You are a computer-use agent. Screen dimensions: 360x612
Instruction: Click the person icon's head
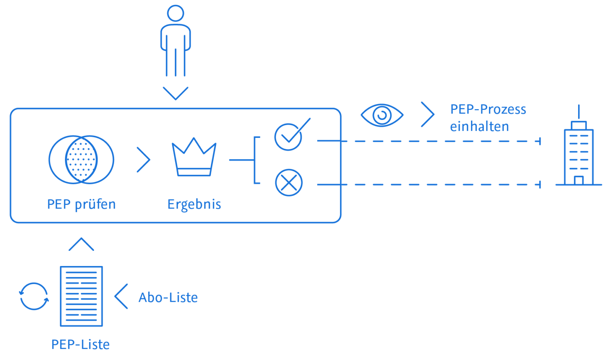[175, 14]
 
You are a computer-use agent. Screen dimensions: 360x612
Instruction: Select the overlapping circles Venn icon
[81, 160]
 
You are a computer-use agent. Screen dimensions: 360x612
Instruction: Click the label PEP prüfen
[81, 204]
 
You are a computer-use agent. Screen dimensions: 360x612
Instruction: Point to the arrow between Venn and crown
[143, 160]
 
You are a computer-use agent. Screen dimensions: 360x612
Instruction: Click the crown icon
[194, 157]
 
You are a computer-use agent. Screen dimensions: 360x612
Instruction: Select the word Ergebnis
[194, 205]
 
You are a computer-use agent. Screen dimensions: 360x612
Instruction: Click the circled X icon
[289, 183]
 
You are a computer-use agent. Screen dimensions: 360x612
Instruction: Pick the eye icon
[382, 115]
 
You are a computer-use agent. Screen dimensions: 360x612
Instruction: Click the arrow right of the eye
[428, 114]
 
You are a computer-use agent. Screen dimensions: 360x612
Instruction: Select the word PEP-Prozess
[488, 110]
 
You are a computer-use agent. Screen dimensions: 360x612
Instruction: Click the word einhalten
[479, 127]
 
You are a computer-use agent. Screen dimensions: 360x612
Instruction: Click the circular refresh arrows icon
[34, 296]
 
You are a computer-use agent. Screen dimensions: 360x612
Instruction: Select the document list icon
[81, 296]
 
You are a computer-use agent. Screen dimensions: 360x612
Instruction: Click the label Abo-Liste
[168, 297]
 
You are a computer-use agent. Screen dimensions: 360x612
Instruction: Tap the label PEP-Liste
[80, 344]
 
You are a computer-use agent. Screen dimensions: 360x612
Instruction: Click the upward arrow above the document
[81, 244]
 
